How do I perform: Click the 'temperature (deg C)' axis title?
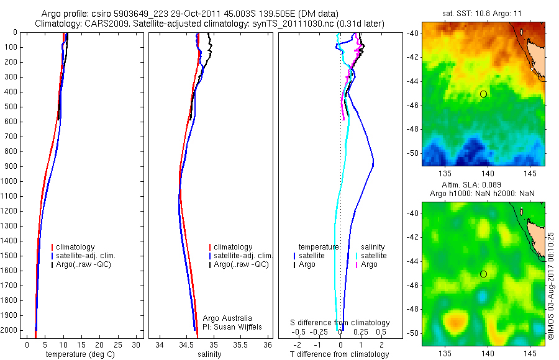tap(78, 354)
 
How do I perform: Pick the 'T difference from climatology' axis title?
tap(340, 354)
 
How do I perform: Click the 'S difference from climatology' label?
tap(340, 323)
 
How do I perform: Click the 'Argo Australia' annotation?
tap(227, 318)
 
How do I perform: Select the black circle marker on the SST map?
tap(483, 94)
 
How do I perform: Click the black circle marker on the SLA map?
tap(483, 274)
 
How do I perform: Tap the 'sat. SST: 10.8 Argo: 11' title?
tap(483, 12)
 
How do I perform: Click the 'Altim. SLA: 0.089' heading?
tap(483, 185)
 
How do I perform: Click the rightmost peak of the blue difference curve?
tap(373, 164)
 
